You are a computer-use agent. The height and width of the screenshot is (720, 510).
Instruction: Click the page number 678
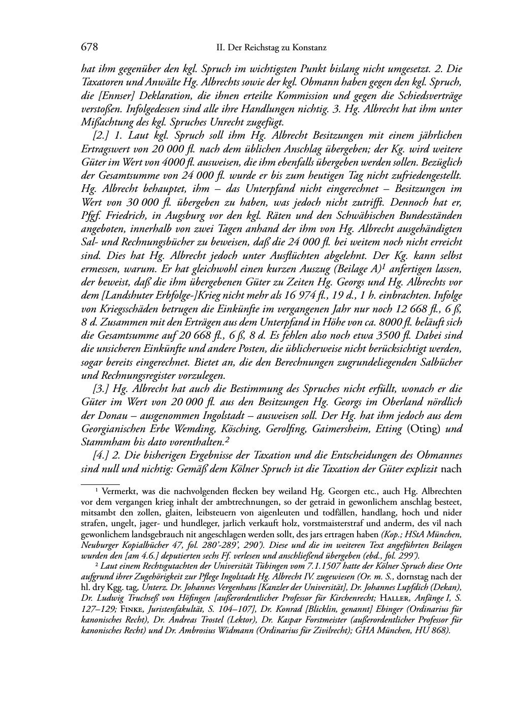pos(89,48)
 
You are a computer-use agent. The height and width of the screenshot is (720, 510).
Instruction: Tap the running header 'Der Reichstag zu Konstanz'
pos(277,48)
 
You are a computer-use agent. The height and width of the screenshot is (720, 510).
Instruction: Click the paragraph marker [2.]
pos(102,136)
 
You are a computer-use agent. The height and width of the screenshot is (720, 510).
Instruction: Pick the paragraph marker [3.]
pos(102,388)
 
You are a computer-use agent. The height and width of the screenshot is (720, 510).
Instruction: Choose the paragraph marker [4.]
pos(102,454)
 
